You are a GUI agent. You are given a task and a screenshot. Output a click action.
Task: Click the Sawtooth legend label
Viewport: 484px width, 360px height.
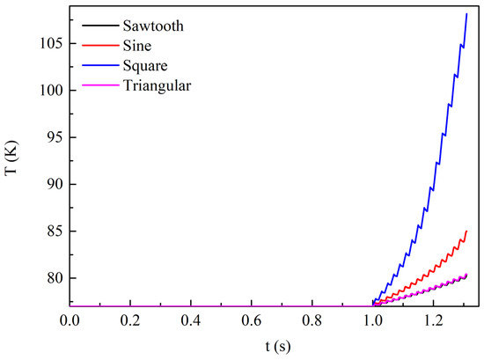153,26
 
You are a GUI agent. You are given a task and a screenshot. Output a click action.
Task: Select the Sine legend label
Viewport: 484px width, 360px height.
137,46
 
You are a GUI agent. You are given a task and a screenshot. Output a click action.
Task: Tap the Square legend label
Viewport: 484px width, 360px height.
145,66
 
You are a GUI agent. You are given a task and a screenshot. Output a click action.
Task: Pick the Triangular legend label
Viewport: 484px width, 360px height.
157,86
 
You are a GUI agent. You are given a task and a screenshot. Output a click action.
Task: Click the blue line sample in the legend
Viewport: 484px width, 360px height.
100,65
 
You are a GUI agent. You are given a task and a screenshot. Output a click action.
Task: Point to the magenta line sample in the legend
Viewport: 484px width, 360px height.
100,85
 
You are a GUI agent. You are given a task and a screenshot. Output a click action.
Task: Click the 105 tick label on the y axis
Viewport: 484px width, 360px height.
51,43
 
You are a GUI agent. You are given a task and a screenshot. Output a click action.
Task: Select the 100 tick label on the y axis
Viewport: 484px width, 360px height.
51,91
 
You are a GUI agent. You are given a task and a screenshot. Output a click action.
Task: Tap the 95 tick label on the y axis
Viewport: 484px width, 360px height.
55,137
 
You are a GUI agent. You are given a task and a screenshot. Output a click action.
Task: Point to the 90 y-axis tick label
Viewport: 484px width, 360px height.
55,184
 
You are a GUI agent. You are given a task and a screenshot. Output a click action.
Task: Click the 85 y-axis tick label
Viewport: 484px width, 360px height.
55,231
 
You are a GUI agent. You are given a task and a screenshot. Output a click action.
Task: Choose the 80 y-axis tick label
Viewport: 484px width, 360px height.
55,278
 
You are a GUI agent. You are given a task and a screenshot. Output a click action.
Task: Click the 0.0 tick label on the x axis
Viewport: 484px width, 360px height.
70,320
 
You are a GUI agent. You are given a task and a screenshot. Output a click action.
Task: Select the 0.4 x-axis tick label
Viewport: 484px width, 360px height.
191,320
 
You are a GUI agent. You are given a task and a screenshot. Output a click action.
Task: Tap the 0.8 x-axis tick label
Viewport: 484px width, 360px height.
312,320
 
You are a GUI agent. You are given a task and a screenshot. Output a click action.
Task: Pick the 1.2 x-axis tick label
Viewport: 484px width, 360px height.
434,320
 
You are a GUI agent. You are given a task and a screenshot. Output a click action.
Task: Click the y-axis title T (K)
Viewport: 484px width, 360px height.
11,158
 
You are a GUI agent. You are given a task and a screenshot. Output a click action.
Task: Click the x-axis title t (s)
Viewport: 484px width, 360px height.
278,347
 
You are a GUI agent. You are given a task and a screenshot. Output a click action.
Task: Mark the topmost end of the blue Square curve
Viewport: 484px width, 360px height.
466,14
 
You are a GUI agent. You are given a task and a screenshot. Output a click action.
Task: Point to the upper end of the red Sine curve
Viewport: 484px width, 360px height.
466,231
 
